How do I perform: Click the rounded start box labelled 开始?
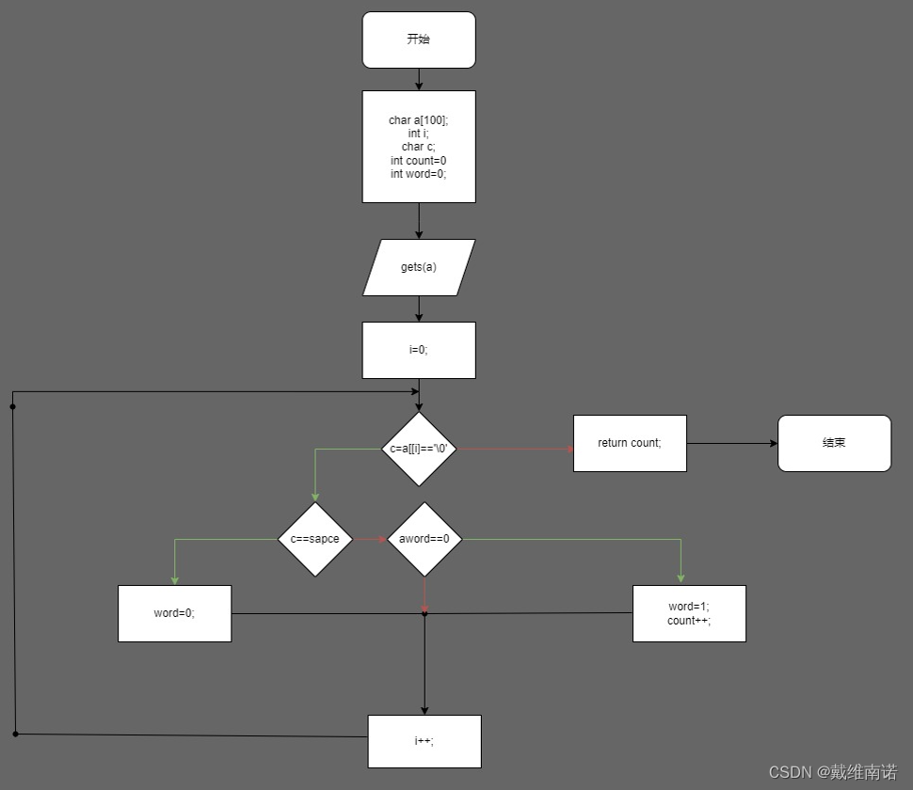pos(419,39)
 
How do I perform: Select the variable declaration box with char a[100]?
pos(419,146)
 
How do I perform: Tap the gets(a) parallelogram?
pos(419,267)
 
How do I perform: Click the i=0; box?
pos(419,350)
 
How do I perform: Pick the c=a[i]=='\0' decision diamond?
pos(419,449)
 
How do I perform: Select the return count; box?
pos(630,443)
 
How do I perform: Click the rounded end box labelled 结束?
pos(834,443)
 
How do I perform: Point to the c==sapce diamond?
pos(315,539)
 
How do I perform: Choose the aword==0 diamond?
pos(424,539)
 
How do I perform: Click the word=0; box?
pos(174,613)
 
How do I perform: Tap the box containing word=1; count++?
pos(689,613)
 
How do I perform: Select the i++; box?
pos(424,741)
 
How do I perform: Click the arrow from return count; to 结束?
pos(732,443)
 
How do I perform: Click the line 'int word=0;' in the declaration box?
pos(419,174)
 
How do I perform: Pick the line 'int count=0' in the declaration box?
pos(419,161)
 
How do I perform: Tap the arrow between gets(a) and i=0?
pos(419,308)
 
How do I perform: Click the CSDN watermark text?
pos(832,772)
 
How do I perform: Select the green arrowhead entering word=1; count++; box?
pos(681,577)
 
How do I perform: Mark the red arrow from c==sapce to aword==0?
pos(370,539)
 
